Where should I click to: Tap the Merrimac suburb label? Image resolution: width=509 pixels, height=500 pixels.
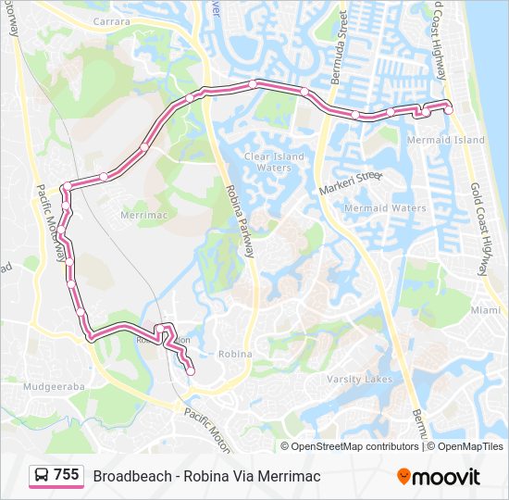[142, 214]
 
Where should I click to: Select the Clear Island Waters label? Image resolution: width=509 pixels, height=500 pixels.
[274, 162]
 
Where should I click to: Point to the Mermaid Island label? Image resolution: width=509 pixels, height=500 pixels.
[445, 140]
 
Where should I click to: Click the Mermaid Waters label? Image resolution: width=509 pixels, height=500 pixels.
[385, 208]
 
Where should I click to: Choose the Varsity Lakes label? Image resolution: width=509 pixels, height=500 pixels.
[359, 379]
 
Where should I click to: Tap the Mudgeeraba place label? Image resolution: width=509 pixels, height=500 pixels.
[53, 385]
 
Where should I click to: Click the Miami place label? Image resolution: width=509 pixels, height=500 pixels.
[485, 310]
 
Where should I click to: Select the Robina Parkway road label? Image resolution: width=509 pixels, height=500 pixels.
[239, 221]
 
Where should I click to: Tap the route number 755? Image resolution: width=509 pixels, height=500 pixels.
[67, 475]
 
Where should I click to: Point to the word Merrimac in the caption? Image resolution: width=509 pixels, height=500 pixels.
[289, 476]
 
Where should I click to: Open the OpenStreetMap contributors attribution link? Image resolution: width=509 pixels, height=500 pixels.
[354, 446]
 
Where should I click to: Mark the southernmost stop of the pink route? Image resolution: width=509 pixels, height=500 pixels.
[191, 371]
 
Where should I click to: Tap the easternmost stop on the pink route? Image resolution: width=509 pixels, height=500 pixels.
[449, 109]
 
